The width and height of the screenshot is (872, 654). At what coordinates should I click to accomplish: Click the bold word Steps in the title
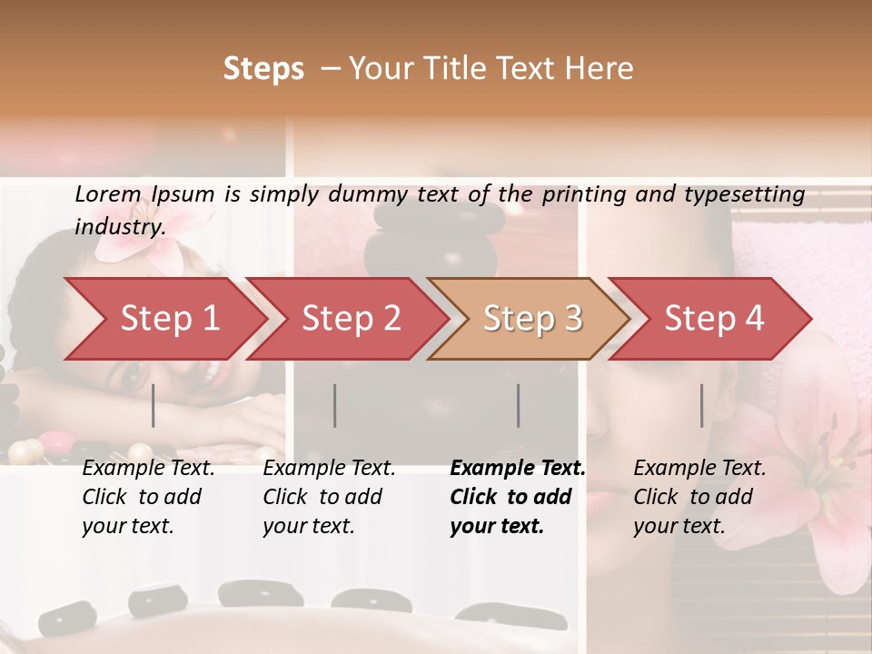click(x=263, y=69)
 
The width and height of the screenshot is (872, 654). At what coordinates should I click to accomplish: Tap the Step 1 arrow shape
click(x=163, y=318)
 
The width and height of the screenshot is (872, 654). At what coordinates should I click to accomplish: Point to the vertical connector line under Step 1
click(x=154, y=405)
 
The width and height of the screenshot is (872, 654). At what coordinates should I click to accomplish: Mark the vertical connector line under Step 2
click(x=335, y=405)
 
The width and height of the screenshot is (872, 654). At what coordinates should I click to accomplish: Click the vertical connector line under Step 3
click(x=519, y=405)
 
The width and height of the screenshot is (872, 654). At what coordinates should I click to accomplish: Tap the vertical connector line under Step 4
click(x=701, y=405)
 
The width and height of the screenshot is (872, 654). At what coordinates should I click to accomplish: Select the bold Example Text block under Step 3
click(x=516, y=497)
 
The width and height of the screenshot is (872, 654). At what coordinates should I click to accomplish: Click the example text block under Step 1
click(x=147, y=497)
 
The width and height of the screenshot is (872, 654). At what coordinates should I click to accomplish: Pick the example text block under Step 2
click(x=328, y=497)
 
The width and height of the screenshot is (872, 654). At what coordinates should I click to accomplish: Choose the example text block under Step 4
click(x=699, y=497)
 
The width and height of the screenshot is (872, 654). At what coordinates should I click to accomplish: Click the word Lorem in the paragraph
click(x=108, y=193)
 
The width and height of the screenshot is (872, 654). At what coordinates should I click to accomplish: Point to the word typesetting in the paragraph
click(x=739, y=193)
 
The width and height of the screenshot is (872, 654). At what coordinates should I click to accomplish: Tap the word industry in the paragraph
click(x=119, y=226)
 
